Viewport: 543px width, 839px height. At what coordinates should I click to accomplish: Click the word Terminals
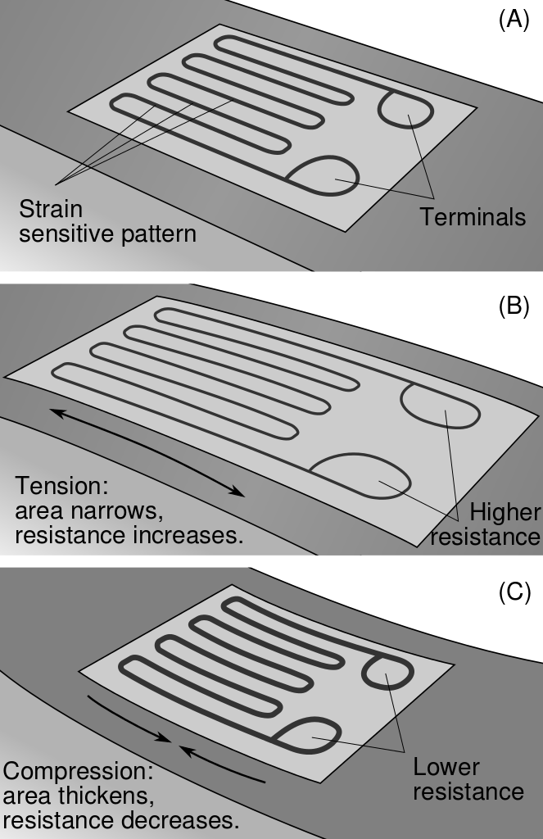click(x=473, y=217)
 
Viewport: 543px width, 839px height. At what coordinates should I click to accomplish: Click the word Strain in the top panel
click(x=51, y=208)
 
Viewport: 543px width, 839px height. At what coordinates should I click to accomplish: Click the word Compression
click(x=78, y=772)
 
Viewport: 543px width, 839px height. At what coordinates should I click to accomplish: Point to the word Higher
click(x=505, y=513)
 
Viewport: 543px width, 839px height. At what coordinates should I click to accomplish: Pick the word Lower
click(x=446, y=768)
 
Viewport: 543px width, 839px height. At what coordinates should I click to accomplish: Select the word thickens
click(x=113, y=796)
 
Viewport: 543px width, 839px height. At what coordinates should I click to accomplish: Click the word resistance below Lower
click(x=468, y=792)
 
